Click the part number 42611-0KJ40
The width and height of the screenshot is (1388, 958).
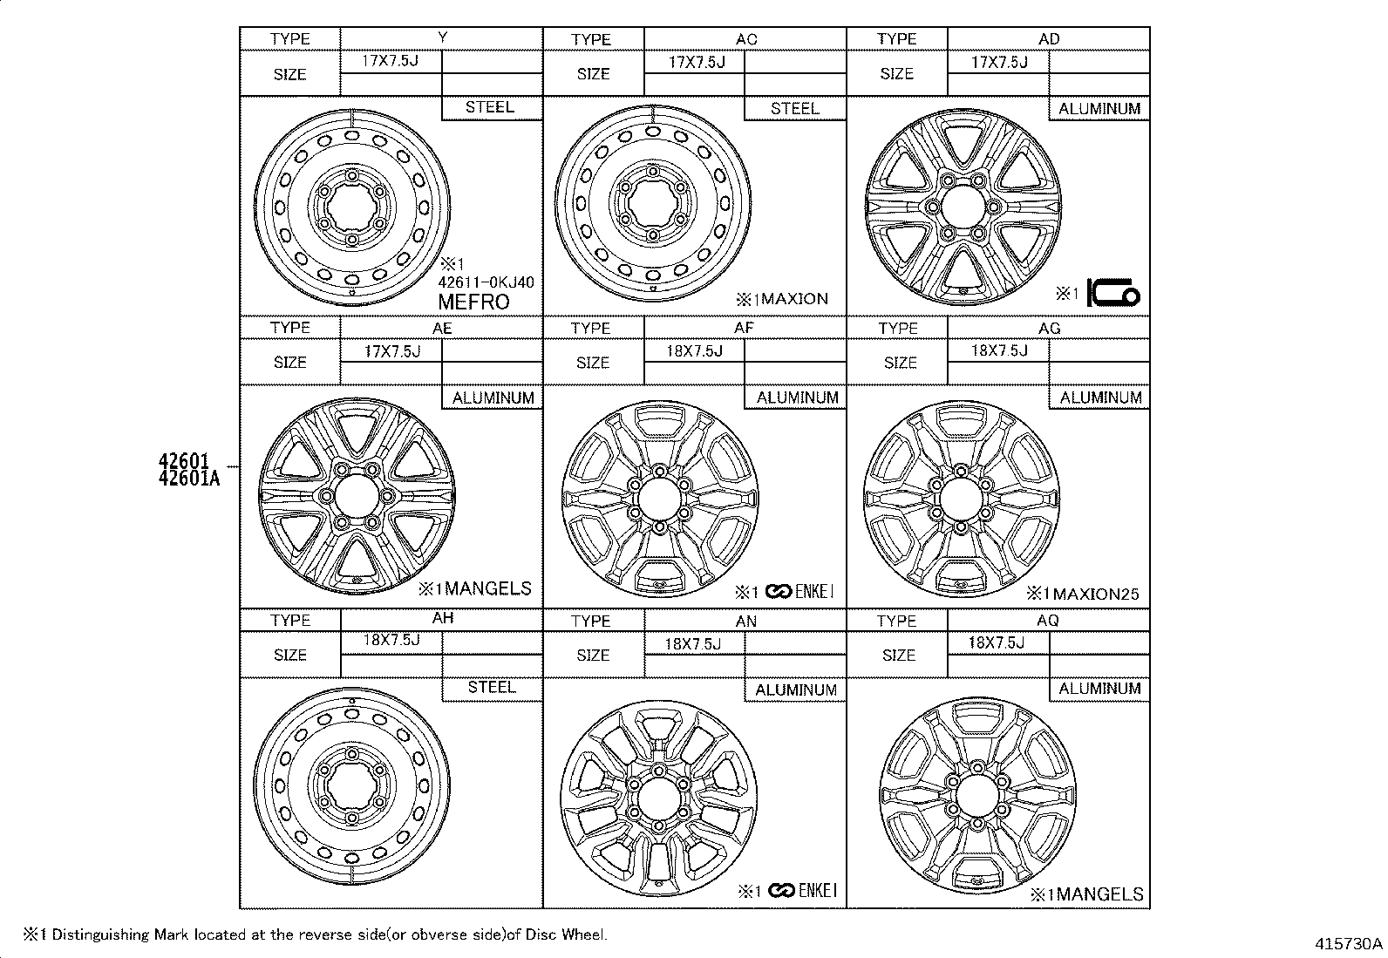[x=486, y=282]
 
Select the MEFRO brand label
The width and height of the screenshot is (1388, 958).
[x=473, y=302]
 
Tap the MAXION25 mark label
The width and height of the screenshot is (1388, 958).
[x=1094, y=595]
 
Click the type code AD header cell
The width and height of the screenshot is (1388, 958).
[x=1048, y=39]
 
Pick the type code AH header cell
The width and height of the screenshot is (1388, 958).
[x=442, y=618]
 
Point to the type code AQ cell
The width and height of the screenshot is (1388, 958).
[x=1048, y=620]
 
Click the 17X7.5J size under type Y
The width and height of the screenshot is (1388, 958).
[x=391, y=61]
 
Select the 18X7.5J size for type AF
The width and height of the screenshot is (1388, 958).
[x=694, y=350]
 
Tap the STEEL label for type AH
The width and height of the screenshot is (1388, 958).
[x=492, y=687]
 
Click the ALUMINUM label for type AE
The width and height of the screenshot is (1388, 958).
[x=493, y=397]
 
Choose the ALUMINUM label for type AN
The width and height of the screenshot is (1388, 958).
[x=796, y=690]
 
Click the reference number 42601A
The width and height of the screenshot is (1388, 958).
[x=189, y=478]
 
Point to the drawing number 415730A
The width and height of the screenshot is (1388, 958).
[x=1350, y=944]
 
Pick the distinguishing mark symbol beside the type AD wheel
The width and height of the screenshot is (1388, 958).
[x=1113, y=295]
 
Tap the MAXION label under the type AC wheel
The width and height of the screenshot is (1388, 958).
[x=790, y=299]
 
